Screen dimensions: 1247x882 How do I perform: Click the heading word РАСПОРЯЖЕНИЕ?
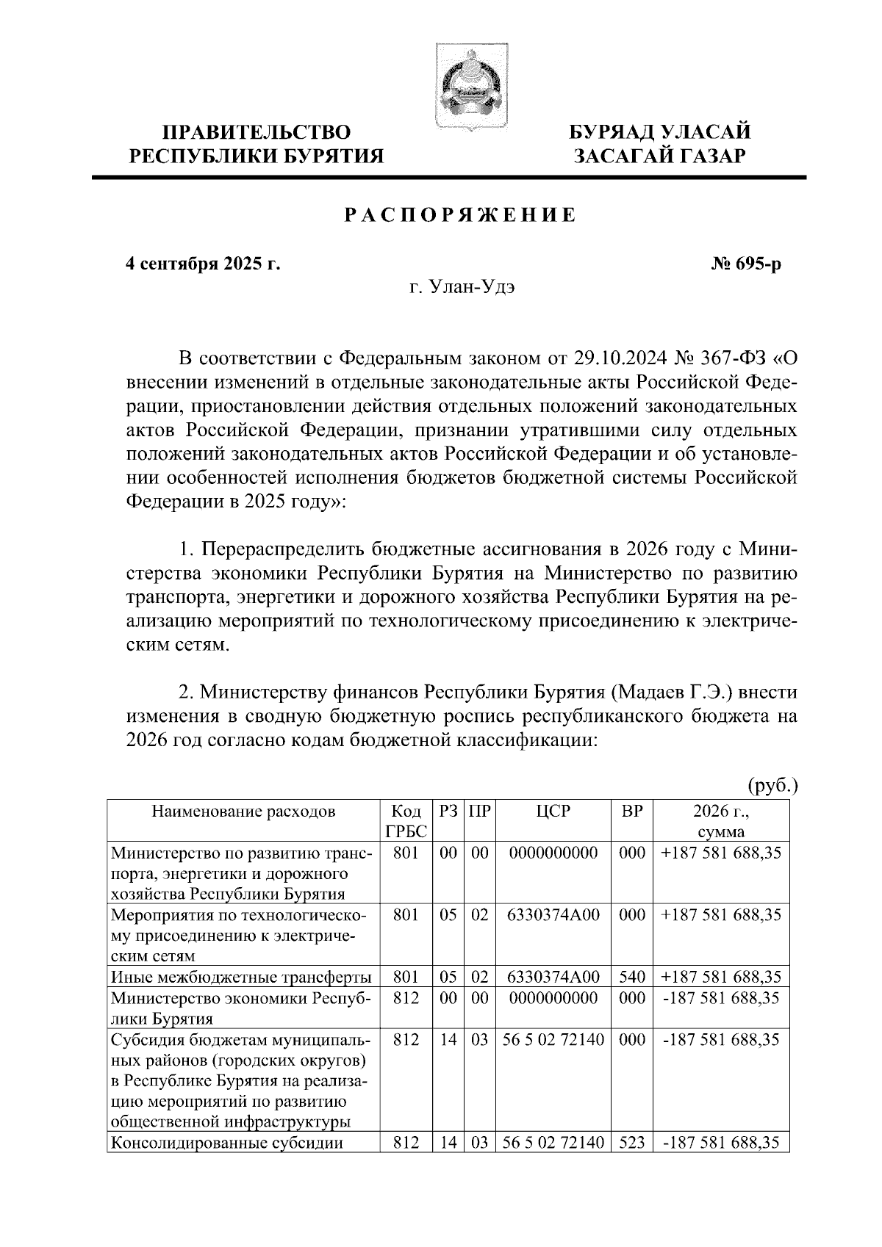[461, 215]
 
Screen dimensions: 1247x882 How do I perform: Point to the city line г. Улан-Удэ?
[462, 288]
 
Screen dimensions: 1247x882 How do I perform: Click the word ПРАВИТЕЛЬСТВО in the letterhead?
[257, 133]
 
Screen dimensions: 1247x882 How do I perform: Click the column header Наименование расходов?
[243, 811]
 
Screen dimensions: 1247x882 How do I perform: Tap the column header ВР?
[632, 811]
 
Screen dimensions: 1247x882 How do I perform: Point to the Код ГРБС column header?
[406, 821]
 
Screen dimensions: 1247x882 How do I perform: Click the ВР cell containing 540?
[632, 977]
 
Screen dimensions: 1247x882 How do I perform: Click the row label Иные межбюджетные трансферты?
[241, 977]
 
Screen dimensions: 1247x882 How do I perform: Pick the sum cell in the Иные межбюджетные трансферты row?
[721, 977]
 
